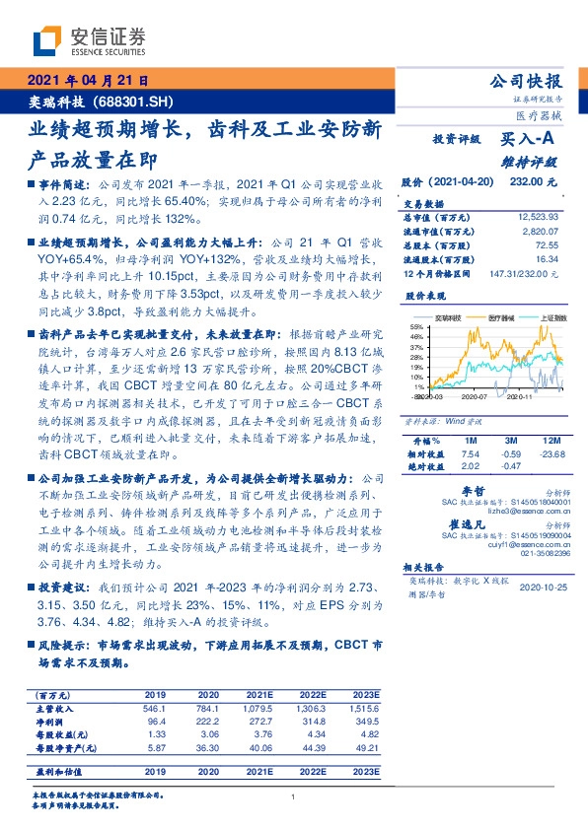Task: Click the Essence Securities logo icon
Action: pyautogui.click(x=48, y=40)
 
